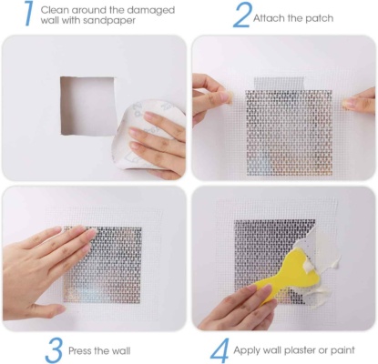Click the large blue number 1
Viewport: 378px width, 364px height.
(30, 14)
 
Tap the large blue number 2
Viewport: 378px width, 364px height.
(242, 15)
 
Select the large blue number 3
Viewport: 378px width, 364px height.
(54, 350)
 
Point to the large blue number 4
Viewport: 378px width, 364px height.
(220, 350)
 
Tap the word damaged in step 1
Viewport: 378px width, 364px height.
(151, 11)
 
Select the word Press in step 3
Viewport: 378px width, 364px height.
(79, 351)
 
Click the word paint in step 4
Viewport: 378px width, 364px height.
(342, 350)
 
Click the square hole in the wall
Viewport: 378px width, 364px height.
(87, 106)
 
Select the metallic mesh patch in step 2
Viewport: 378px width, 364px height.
(289, 132)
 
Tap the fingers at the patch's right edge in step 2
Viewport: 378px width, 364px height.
(359, 101)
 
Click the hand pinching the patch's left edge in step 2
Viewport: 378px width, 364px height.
(210, 96)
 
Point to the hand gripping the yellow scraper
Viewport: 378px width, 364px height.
(240, 308)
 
